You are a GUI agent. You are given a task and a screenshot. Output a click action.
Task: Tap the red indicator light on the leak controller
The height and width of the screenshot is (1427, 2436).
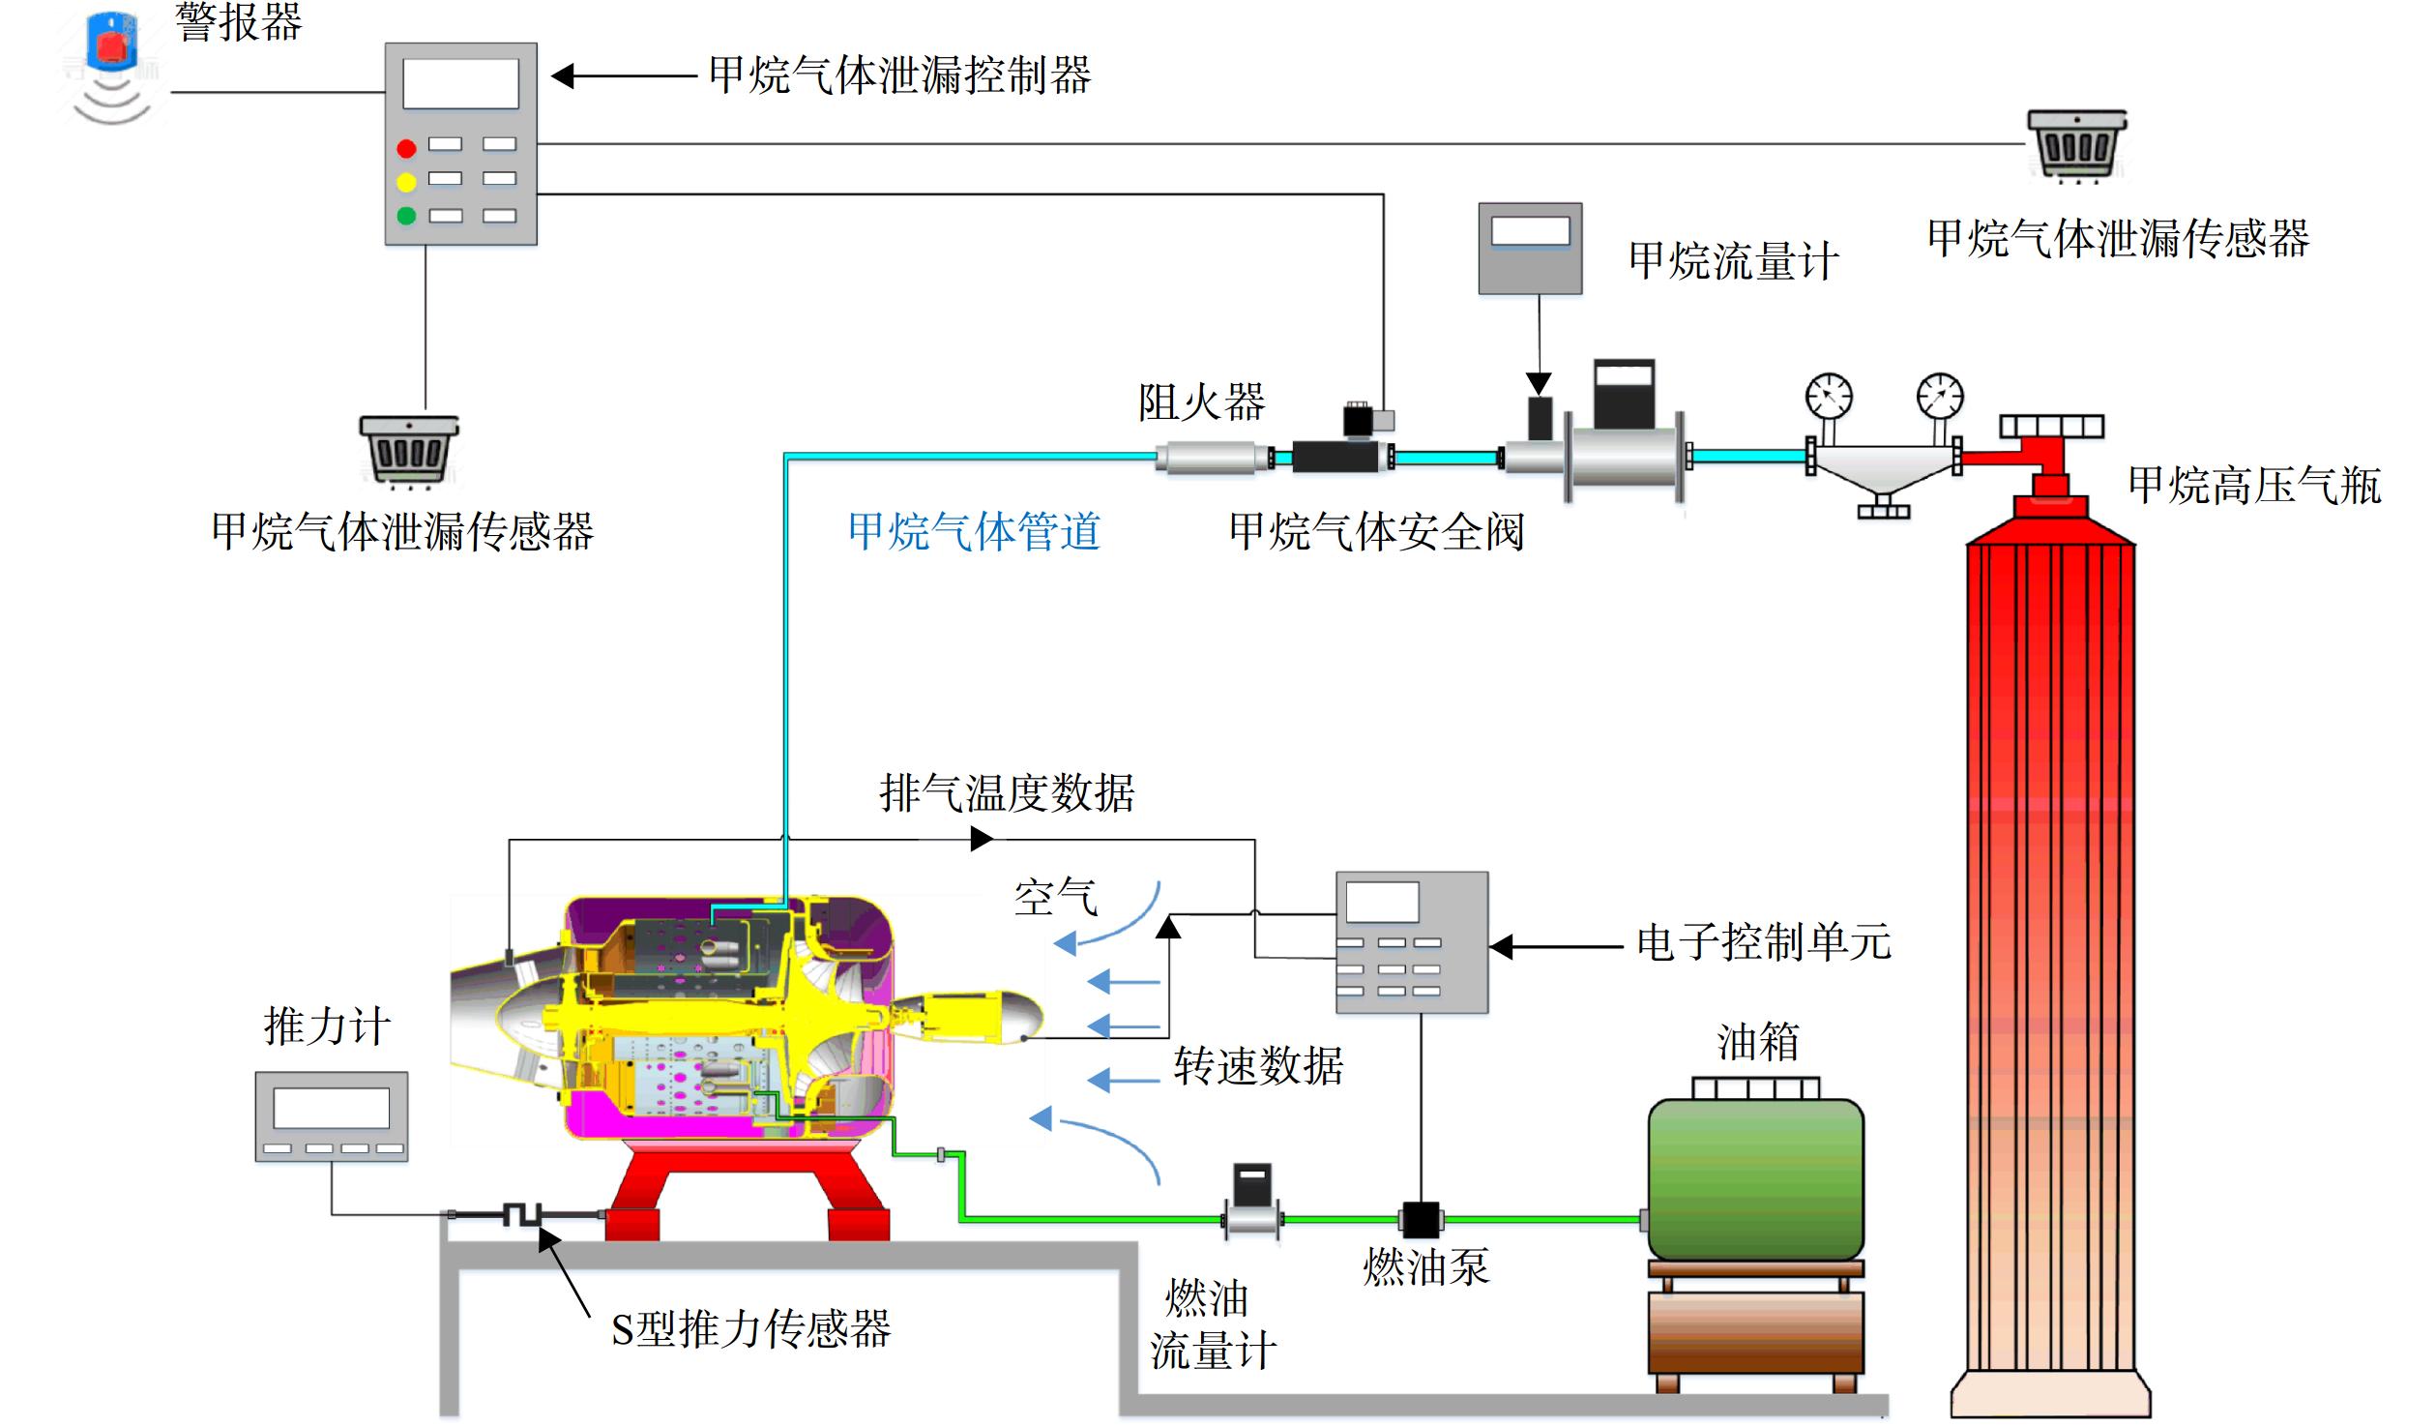tap(406, 148)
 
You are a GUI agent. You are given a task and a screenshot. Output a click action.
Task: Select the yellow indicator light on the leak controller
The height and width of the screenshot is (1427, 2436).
tap(406, 181)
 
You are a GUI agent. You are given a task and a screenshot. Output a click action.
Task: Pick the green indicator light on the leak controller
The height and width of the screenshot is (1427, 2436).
tap(406, 215)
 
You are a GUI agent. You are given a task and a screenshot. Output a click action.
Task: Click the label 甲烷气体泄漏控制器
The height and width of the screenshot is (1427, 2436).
tap(899, 75)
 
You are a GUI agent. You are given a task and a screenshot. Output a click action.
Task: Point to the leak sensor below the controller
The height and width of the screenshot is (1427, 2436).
tap(409, 449)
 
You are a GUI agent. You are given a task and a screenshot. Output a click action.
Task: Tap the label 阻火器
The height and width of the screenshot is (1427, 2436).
tap(1201, 402)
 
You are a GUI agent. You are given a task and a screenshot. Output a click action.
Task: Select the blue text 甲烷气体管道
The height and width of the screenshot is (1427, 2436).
tap(975, 531)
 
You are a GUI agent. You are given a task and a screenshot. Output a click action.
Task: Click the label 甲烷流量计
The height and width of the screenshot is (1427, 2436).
tap(1734, 261)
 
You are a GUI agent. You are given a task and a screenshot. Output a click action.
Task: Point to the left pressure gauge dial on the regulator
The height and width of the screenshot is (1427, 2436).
tap(1829, 396)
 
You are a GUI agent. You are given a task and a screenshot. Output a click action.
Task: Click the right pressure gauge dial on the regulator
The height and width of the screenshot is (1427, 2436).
tap(1940, 396)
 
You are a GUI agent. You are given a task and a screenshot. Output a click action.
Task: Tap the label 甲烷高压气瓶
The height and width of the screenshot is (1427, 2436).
tap(2254, 486)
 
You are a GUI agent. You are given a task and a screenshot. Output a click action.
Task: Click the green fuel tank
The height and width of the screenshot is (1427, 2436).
tap(1755, 1178)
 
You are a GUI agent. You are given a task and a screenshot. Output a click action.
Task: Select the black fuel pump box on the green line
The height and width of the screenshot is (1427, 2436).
tap(1421, 1220)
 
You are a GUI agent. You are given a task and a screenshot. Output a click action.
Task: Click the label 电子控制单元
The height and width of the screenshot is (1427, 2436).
tap(1764, 942)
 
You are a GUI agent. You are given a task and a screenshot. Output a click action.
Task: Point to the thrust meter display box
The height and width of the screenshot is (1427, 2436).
tap(332, 1116)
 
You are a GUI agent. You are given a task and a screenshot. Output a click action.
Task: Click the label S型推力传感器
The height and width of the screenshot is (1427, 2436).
tap(750, 1329)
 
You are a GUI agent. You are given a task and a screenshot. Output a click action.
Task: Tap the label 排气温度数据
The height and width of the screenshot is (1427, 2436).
tap(1007, 793)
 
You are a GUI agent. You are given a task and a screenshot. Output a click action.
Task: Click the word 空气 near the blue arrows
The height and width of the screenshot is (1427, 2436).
tap(1056, 898)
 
